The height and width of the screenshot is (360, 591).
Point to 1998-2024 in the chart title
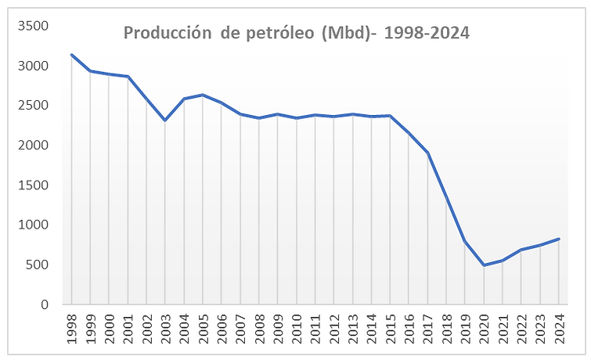[x=425, y=34]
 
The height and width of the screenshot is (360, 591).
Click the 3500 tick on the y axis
[x=34, y=26]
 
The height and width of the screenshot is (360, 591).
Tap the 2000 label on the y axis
[x=34, y=146]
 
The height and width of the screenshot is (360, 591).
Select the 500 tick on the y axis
[x=38, y=265]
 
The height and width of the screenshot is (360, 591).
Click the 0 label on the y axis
[x=45, y=304]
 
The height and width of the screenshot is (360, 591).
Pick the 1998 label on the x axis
[x=71, y=328]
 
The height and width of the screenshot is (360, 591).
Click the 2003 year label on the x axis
[x=165, y=328]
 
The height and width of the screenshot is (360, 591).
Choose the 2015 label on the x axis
[x=390, y=328]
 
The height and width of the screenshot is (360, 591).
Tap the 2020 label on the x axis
[x=484, y=328]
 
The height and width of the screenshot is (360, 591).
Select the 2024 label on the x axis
[x=559, y=328]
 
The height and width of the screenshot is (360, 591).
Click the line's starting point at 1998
[x=71, y=55]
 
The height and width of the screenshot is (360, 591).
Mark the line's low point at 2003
[x=165, y=120]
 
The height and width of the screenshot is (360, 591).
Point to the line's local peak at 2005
[x=203, y=95]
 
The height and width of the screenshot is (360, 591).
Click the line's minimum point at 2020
[x=484, y=265]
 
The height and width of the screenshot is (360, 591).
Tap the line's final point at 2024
[x=559, y=239]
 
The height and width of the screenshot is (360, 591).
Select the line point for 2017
[x=427, y=153]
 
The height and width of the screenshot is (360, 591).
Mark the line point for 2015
[x=390, y=116]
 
